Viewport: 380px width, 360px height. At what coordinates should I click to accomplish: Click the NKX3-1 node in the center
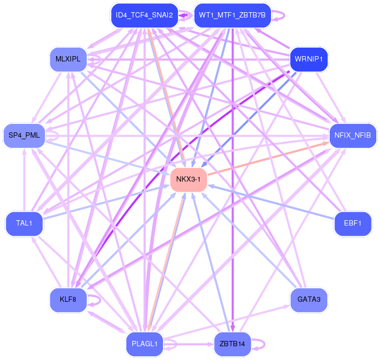point(188,179)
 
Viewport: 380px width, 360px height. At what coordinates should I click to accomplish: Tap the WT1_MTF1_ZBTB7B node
point(232,15)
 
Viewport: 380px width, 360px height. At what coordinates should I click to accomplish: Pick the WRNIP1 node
point(310,58)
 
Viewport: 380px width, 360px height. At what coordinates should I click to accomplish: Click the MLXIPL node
point(68,58)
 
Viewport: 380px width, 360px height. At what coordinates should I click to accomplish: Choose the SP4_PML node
point(24,136)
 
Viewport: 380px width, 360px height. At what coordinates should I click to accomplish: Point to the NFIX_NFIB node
point(353,136)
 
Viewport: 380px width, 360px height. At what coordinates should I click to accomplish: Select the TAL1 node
point(24,223)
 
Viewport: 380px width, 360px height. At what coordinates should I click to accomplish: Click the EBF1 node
point(353,223)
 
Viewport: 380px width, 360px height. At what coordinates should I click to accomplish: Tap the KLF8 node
point(68,300)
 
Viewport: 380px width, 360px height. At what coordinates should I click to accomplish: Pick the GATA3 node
point(310,300)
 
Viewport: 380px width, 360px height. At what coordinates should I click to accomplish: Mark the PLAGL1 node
point(144,344)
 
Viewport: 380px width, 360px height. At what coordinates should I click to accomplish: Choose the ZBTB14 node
point(232,344)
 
